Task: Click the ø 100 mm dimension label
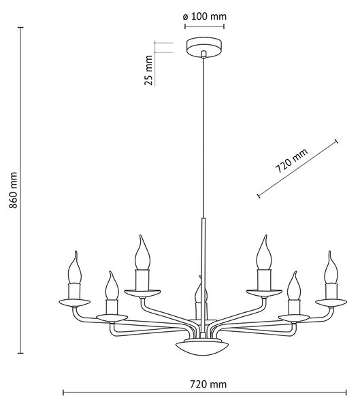coord(204,16)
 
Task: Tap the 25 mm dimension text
coord(148,70)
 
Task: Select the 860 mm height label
coord(13,190)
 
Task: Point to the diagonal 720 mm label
coord(291,160)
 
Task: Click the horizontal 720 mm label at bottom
coord(208,384)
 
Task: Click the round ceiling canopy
coord(204,48)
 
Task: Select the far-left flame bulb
coord(75,267)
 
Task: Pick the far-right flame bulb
coord(331,267)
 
